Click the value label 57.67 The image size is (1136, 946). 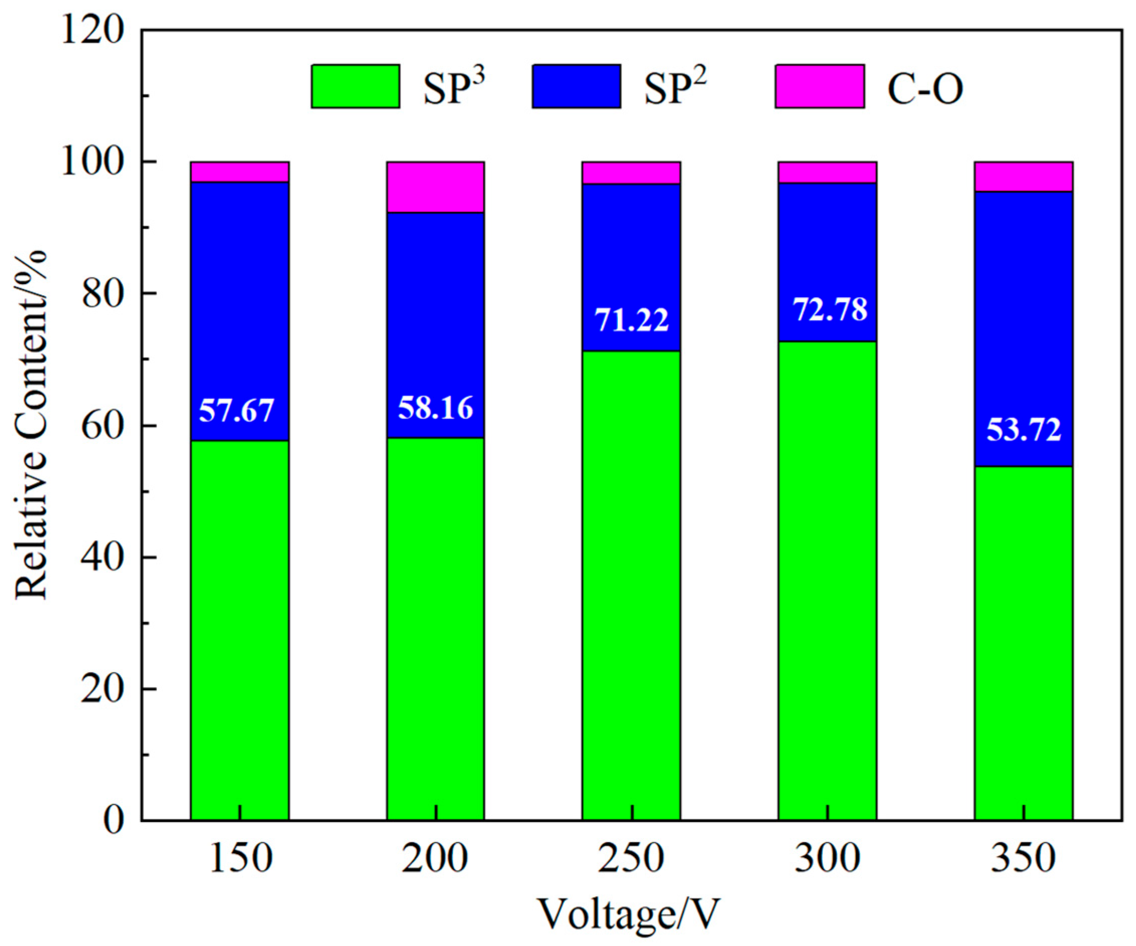click(237, 411)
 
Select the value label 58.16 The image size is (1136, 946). click(435, 408)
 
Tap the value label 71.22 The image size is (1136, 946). click(632, 320)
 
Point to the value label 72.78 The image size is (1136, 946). click(830, 310)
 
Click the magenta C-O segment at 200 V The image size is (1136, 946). click(435, 187)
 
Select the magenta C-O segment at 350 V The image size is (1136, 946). click(1024, 177)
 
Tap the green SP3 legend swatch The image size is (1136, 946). click(356, 86)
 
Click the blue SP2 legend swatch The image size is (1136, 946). click(576, 86)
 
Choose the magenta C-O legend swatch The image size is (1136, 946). click(820, 86)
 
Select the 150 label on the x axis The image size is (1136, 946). click(240, 859)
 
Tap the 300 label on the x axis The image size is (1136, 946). click(828, 859)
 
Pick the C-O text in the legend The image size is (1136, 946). click(925, 89)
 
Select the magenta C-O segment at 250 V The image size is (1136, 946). click(631, 173)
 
